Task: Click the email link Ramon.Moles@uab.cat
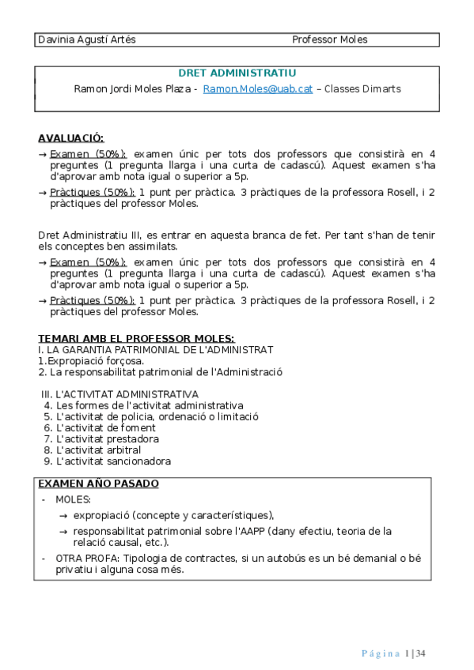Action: tap(257, 89)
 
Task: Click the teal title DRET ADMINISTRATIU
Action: tap(237, 73)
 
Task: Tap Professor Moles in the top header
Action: tap(329, 40)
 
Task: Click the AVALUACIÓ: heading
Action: tap(71, 137)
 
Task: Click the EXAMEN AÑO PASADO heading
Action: tap(98, 484)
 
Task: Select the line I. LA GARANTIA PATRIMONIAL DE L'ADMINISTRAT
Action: tap(155, 349)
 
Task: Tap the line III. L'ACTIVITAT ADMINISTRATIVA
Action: tap(119, 394)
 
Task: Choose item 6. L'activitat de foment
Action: tap(100, 427)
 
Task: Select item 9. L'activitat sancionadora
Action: tap(108, 461)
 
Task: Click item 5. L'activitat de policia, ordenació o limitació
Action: tap(151, 416)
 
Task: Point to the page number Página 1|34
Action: tap(393, 653)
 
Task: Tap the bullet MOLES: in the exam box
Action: tap(73, 500)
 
